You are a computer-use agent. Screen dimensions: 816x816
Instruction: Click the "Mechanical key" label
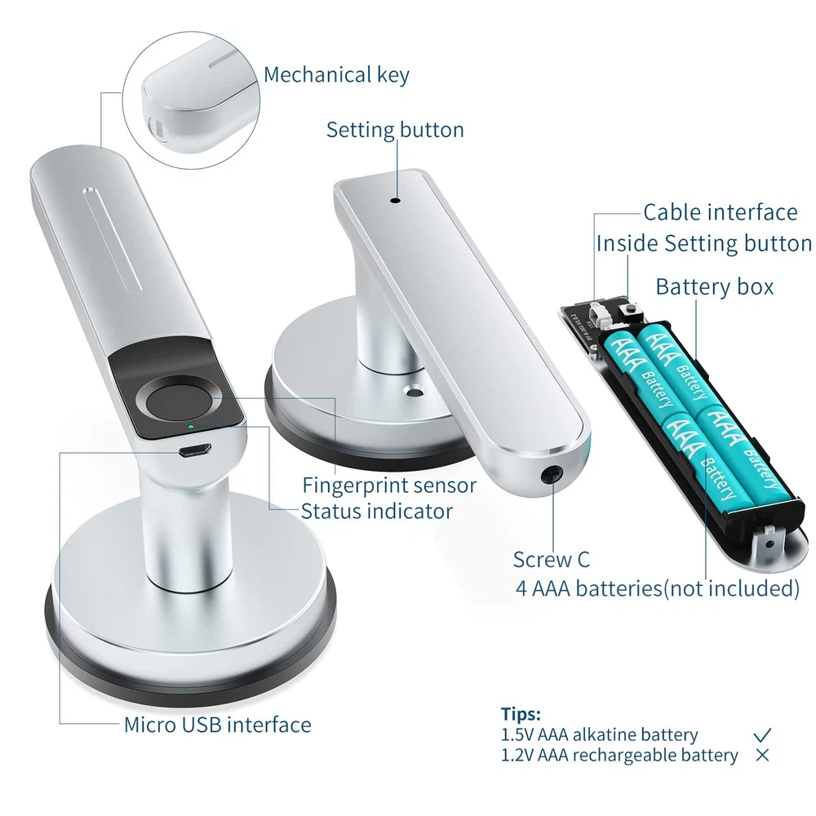[x=336, y=75]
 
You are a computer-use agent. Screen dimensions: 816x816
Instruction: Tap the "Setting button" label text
[x=395, y=130]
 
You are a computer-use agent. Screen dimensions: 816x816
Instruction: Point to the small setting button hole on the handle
[x=395, y=200]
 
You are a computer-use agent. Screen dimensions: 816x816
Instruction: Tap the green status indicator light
[x=191, y=427]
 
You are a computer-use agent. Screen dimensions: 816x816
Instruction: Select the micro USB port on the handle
[x=195, y=449]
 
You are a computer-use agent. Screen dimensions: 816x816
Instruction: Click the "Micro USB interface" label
[x=218, y=725]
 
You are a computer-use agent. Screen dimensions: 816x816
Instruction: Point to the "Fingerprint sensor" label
[x=389, y=486]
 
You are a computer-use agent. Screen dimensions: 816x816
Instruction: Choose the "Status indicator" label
[x=377, y=511]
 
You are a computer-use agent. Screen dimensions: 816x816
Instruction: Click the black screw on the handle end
[x=552, y=475]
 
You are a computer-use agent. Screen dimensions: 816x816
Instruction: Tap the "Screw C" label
[x=551, y=560]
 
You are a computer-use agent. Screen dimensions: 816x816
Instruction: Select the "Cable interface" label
[x=721, y=212]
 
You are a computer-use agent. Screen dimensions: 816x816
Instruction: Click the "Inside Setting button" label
[x=703, y=243]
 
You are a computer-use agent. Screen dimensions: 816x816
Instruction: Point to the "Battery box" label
[x=715, y=286]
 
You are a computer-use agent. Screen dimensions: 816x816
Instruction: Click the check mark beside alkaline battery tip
[x=762, y=735]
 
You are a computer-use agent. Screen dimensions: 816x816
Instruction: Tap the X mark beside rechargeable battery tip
[x=762, y=755]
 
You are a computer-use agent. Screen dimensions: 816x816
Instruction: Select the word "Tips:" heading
[x=521, y=713]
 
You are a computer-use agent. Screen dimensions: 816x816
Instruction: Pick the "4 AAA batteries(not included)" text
[x=657, y=588]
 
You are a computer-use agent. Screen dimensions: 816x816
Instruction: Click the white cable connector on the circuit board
[x=599, y=314]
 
